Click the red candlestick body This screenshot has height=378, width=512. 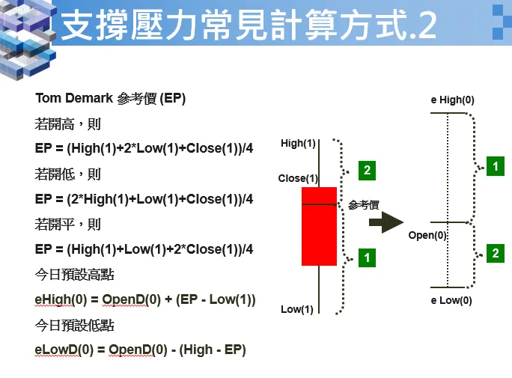click(319, 226)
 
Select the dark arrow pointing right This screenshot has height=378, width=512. click(385, 222)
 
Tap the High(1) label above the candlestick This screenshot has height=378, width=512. click(298, 143)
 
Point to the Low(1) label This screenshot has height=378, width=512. click(297, 309)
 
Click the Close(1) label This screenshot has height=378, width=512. click(298, 178)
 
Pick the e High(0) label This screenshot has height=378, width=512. click(452, 100)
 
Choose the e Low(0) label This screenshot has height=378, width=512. click(451, 301)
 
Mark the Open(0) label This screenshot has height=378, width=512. click(427, 235)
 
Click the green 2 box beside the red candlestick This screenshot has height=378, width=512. click(366, 171)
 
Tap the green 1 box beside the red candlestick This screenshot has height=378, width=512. click(366, 257)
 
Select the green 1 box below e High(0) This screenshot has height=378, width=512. click(495, 166)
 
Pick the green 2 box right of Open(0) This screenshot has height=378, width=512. click(495, 254)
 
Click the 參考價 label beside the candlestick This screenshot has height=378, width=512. click(364, 204)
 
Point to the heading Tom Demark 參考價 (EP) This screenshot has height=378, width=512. click(110, 99)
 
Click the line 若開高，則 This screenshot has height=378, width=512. click(67, 124)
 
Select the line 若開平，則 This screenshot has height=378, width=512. click(67, 224)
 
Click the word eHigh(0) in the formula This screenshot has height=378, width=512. click(58, 299)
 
